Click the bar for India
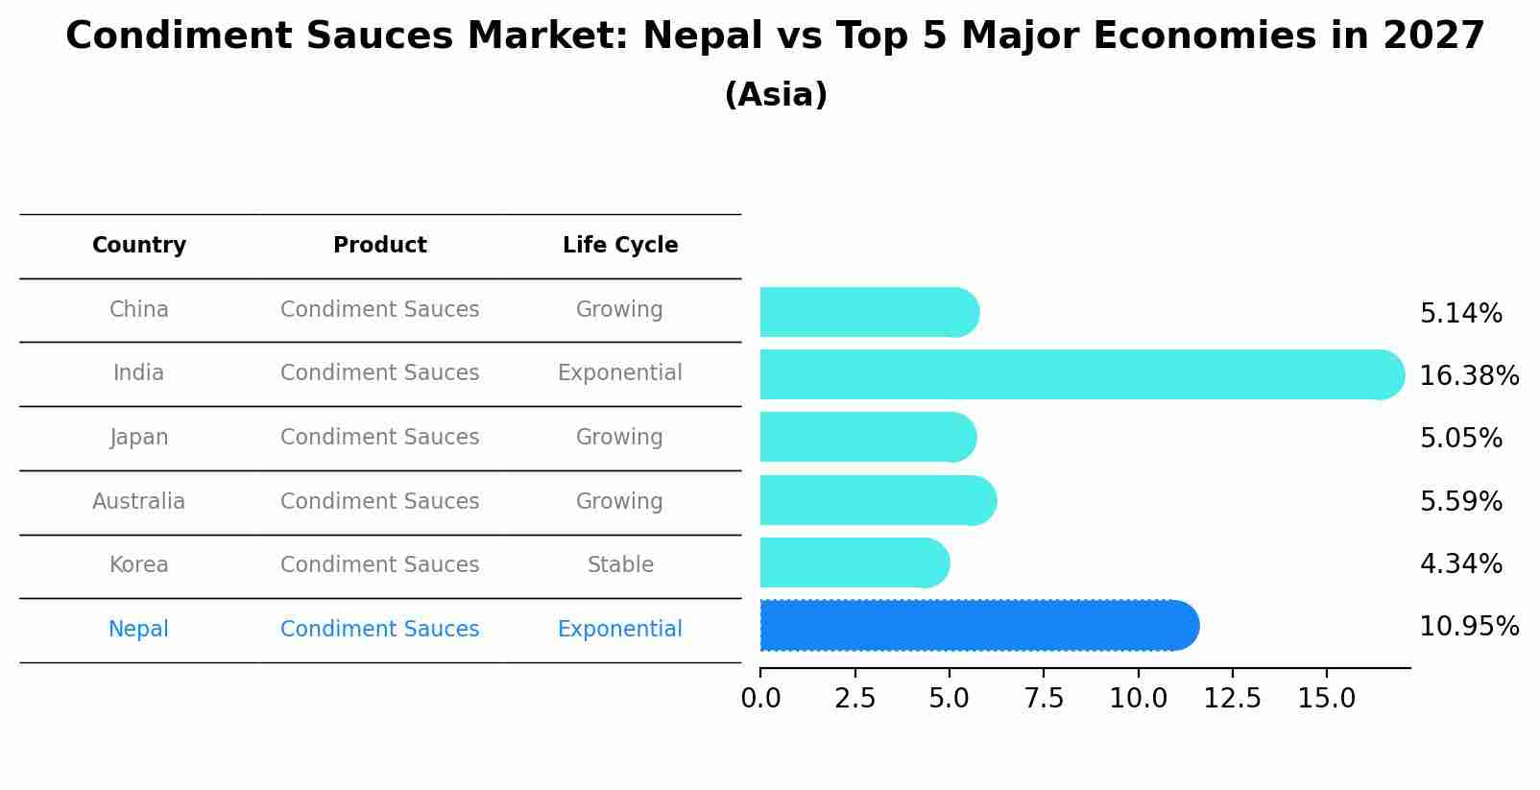(1075, 374)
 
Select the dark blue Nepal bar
(975, 626)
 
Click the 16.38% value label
(1468, 375)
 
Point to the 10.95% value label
(1468, 627)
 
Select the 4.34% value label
(1460, 563)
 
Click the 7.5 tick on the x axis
(1044, 699)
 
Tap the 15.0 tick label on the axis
(1326, 699)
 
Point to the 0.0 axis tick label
(760, 699)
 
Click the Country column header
(139, 246)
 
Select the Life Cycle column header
(620, 246)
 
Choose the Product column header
(379, 246)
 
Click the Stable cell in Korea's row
(620, 564)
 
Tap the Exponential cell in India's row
(620, 372)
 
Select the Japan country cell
(139, 437)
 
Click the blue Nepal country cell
(139, 629)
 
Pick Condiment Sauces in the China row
(379, 309)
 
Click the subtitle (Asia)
(776, 95)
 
